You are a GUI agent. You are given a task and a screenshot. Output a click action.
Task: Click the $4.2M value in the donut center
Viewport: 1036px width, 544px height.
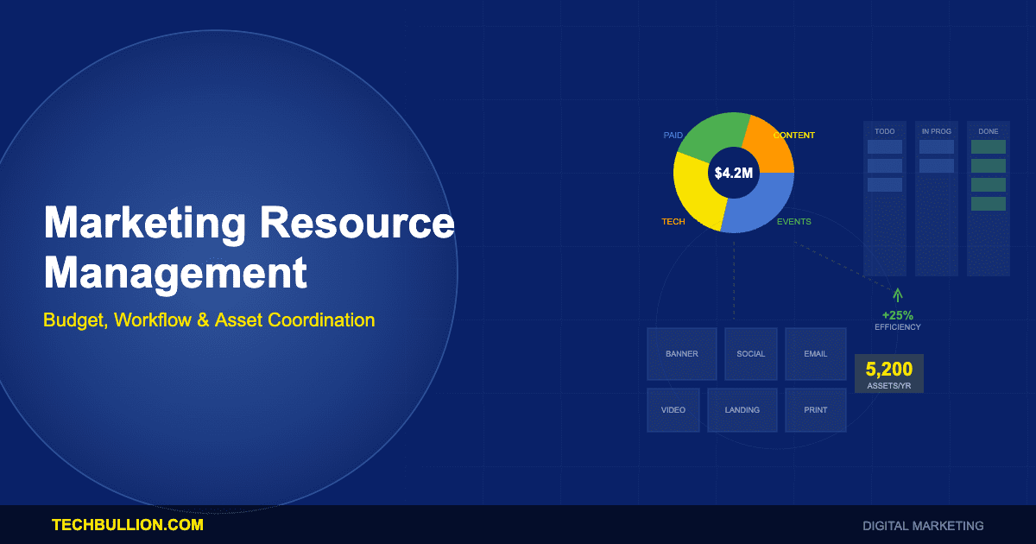733,173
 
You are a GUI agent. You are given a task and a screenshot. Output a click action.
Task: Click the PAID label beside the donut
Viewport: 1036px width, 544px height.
673,136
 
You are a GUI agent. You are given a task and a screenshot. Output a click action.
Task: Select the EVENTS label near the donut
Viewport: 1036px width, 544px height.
793,222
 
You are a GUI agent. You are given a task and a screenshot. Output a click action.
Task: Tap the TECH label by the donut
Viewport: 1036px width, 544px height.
673,222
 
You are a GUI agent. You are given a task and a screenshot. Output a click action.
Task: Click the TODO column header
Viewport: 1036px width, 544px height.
885,131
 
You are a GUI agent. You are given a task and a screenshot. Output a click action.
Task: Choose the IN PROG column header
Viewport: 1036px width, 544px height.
937,131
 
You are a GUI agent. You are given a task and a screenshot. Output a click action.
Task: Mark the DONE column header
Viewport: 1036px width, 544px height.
989,131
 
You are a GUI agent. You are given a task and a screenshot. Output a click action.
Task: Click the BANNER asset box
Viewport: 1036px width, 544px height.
682,354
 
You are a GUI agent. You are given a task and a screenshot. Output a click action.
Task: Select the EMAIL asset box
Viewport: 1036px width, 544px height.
815,354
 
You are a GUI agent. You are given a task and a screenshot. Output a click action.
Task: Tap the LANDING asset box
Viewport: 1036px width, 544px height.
742,410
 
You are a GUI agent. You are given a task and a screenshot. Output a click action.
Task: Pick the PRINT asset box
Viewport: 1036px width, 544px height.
815,410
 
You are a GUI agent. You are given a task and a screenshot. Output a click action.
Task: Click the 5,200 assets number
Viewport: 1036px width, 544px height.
889,370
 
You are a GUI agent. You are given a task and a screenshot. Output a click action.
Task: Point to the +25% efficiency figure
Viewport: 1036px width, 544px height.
898,315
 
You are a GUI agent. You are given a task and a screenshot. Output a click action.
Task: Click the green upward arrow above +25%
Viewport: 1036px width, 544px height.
898,294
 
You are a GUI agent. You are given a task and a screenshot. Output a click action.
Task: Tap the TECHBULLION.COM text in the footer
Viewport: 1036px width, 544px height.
128,525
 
